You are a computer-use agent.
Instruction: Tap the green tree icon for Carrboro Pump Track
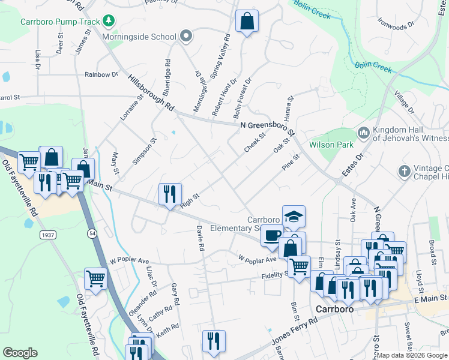(108, 22)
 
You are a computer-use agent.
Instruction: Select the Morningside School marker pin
(186, 37)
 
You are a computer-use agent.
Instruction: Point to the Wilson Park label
(329, 145)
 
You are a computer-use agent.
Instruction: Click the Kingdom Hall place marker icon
(363, 132)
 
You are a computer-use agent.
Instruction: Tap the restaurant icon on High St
(170, 193)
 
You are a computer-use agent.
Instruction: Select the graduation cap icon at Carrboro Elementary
(294, 215)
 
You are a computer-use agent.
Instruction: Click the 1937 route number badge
(49, 235)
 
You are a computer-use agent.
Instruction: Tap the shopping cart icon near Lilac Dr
(95, 278)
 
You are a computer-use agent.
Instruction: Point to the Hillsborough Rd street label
(151, 93)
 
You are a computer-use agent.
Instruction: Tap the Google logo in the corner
(20, 353)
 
